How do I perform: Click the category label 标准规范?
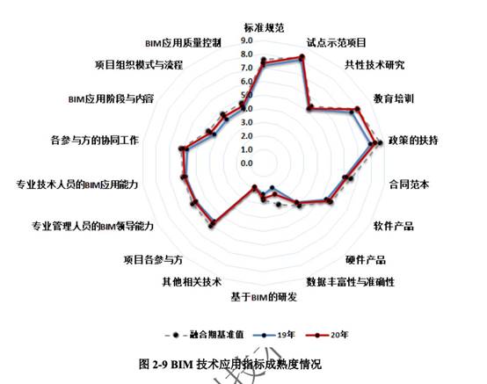pos(264,28)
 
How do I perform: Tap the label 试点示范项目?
pos(337,42)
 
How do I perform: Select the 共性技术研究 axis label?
pos(374,64)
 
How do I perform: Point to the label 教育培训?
pos(394,98)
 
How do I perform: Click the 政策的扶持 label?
pos(413,141)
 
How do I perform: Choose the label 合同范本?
pos(409,185)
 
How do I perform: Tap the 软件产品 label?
pos(394,226)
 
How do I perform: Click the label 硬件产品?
pos(366,259)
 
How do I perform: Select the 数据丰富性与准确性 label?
pos(351,282)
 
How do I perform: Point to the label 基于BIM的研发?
pos(264,297)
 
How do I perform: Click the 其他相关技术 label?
pos(192,282)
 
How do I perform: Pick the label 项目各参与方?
pos(153,259)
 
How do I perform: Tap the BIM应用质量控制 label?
pos(183,42)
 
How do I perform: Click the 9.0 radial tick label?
pos(247,40)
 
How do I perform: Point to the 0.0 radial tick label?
pos(247,163)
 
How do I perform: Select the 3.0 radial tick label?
pos(247,122)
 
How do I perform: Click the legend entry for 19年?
pos(274,335)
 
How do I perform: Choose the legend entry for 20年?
pos(327,335)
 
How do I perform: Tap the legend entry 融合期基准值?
pos(205,335)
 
